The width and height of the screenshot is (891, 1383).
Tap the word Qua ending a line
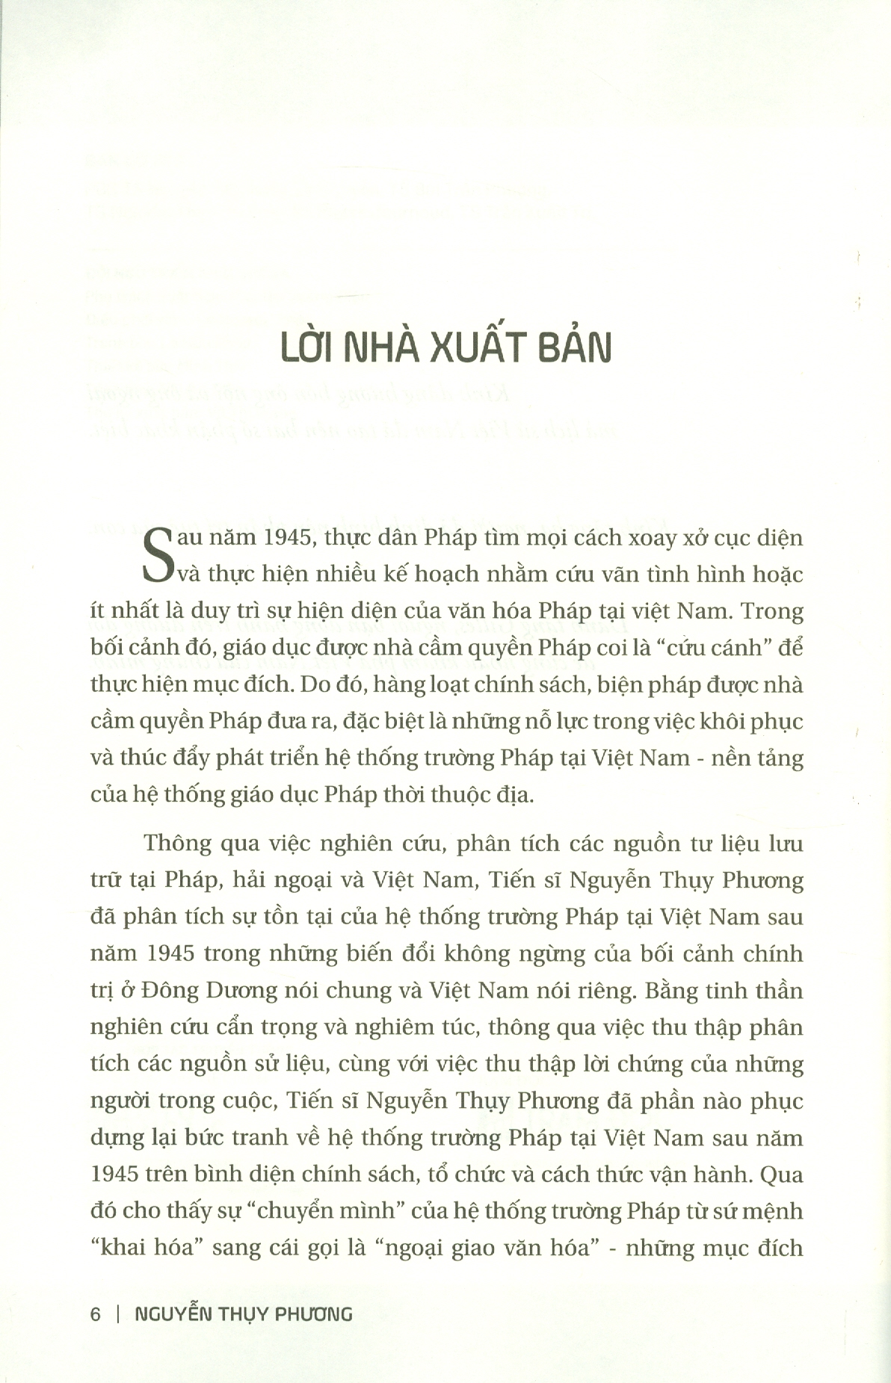(783, 1174)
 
